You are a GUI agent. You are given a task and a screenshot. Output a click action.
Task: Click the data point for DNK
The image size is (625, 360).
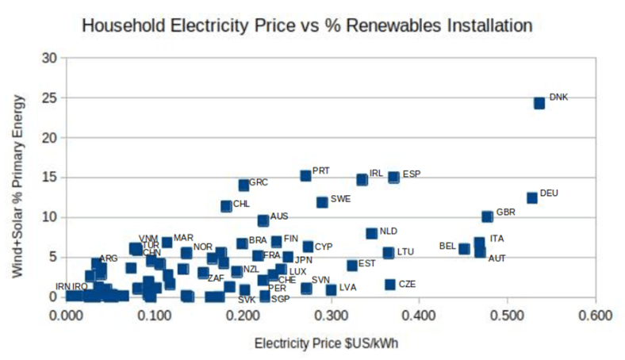click(x=539, y=103)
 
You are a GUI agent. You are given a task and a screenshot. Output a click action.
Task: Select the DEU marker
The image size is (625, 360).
click(x=531, y=197)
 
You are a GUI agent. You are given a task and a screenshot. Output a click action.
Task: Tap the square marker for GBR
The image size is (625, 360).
click(x=487, y=216)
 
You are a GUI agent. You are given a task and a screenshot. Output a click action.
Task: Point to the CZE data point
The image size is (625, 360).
click(x=390, y=285)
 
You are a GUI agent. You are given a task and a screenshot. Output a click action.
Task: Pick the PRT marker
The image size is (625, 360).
click(x=305, y=175)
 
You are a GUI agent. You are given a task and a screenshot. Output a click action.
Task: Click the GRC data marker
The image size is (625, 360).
click(x=243, y=185)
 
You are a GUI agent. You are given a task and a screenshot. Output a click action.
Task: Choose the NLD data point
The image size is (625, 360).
click(x=371, y=233)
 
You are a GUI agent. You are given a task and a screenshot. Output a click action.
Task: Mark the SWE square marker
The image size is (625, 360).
click(x=322, y=202)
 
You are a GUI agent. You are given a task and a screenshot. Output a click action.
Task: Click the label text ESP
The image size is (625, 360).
click(x=412, y=174)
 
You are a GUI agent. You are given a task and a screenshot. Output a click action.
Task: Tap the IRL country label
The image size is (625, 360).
click(x=376, y=173)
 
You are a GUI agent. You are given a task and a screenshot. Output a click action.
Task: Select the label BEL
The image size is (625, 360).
click(x=447, y=247)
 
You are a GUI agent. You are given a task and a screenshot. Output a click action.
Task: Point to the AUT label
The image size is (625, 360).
click(x=497, y=258)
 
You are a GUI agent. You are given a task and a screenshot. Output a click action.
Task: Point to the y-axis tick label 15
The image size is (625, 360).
click(x=52, y=178)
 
